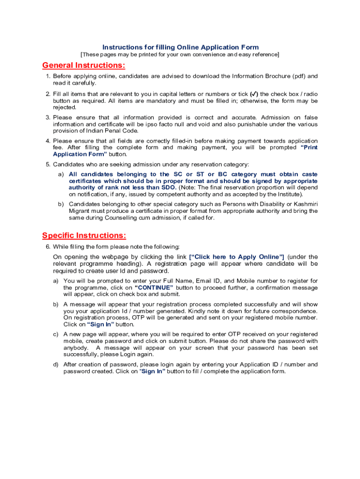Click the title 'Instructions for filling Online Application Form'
(180, 47)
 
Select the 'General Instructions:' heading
(84, 65)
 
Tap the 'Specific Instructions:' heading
(84, 235)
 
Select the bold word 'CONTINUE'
(154, 287)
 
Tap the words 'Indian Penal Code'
(106, 131)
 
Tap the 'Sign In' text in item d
(153, 371)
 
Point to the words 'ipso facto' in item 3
(173, 124)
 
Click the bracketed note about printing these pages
(180, 55)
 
